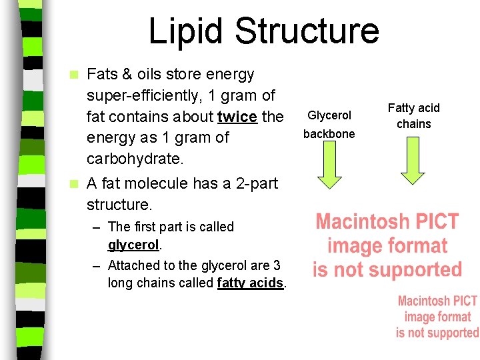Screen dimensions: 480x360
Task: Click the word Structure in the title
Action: click(307, 31)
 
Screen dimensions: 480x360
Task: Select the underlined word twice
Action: click(237, 117)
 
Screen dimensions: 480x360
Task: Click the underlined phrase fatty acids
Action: click(251, 283)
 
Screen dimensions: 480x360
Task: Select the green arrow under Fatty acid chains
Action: click(413, 164)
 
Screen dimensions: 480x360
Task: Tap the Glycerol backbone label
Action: click(329, 125)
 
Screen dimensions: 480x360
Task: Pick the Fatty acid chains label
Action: click(414, 115)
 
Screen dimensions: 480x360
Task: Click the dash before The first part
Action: click(97, 227)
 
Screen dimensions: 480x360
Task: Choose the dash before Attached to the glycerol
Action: click(97, 265)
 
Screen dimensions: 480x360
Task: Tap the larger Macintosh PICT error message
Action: click(387, 245)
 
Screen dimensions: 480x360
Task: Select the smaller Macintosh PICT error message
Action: click(437, 317)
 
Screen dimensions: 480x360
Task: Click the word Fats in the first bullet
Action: click(101, 74)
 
